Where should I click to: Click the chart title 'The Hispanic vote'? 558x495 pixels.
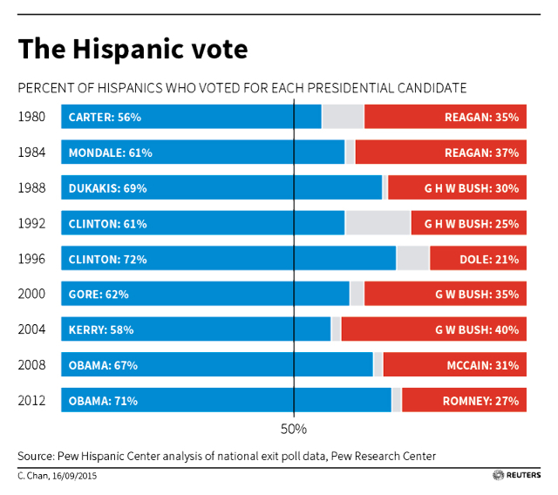(x=133, y=50)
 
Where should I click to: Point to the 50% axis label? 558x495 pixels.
(x=294, y=430)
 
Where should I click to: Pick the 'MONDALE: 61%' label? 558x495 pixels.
(x=110, y=153)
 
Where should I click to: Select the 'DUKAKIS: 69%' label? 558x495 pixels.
(x=107, y=188)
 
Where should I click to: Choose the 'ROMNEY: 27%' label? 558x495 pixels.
(x=480, y=401)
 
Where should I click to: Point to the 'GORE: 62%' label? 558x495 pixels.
(x=98, y=295)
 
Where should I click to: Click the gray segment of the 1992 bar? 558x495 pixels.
(x=378, y=224)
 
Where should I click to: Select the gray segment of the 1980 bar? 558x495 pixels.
(x=343, y=117)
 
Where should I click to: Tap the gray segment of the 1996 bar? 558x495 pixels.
(x=412, y=259)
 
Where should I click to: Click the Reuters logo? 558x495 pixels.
(x=516, y=475)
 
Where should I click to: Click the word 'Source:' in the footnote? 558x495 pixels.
(x=35, y=456)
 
